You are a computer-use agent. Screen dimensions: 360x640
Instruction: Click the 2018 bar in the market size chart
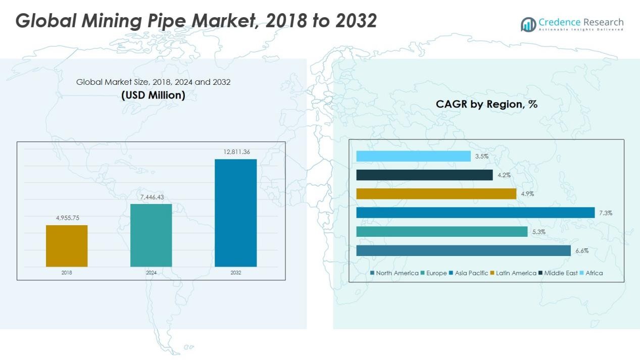[67, 246]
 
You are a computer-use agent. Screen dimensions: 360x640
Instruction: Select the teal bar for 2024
[151, 235]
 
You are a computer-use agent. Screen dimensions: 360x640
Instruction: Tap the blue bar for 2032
[235, 213]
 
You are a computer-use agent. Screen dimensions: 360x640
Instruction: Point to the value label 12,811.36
[235, 151]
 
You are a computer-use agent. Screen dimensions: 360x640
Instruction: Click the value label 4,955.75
[67, 218]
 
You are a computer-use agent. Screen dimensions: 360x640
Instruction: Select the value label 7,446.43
[151, 196]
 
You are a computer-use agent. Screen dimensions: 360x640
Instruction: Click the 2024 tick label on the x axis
[151, 273]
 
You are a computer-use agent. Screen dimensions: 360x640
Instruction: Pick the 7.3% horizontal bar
[475, 213]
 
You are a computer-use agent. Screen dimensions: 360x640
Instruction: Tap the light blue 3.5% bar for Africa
[413, 156]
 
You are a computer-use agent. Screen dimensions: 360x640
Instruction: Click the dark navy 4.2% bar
[424, 175]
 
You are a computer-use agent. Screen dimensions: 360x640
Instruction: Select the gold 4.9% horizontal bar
[436, 194]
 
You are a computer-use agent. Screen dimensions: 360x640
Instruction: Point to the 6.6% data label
[581, 251]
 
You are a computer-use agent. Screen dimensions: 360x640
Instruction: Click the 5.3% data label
[538, 232]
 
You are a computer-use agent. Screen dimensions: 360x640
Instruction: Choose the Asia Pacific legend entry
[468, 273]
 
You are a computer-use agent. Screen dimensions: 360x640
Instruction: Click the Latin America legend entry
[513, 273]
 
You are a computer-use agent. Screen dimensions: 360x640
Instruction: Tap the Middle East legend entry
[557, 273]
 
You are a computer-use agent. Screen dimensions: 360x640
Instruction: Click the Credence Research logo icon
[528, 24]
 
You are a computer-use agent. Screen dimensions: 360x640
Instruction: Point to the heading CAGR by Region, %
[486, 105]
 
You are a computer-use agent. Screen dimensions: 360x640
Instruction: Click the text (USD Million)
[153, 95]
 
